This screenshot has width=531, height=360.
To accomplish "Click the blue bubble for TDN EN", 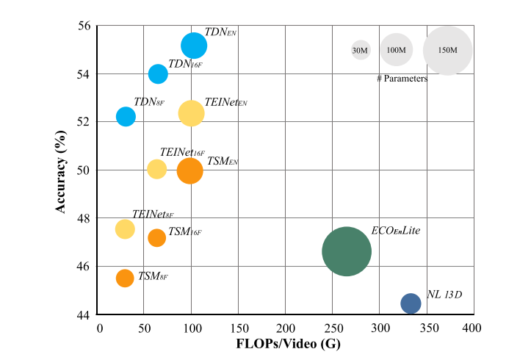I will (194, 46).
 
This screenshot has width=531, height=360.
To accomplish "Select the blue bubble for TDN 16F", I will (158, 73).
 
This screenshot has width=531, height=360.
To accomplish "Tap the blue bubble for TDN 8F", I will (126, 116).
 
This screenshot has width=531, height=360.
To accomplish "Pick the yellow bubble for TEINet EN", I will (191, 112).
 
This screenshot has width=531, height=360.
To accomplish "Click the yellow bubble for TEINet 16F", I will (157, 169).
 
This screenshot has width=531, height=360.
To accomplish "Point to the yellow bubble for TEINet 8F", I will (126, 229).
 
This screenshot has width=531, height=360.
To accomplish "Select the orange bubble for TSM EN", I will (189, 170).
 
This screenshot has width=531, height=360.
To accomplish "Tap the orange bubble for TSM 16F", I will (157, 237).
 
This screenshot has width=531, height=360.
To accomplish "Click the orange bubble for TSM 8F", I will (125, 278).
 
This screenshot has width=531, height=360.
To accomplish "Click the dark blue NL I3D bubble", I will (411, 303).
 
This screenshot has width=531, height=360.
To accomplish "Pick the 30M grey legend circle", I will (360, 50).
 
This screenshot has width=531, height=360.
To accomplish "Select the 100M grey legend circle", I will (397, 50).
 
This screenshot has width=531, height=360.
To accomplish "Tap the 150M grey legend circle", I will (447, 50).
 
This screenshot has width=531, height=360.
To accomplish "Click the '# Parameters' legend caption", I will (402, 78).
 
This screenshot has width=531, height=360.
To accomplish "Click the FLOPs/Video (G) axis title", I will (284, 343).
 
